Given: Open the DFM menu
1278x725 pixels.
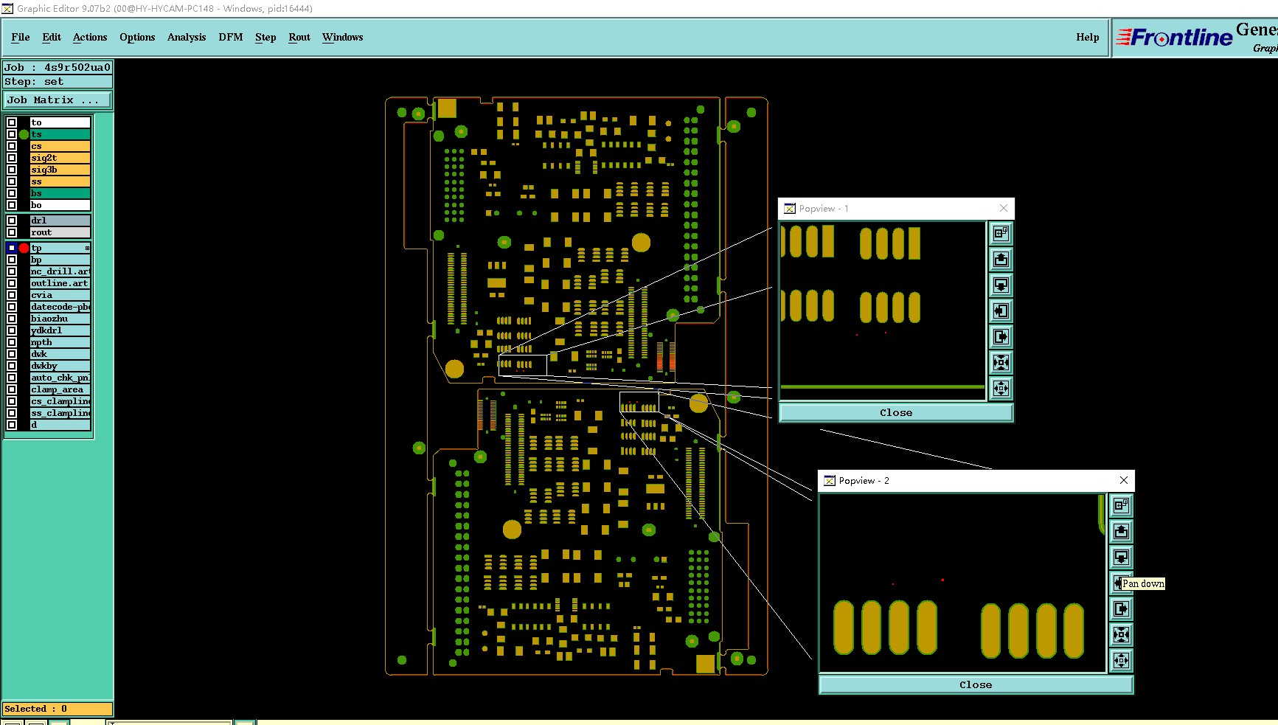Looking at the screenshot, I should click(230, 37).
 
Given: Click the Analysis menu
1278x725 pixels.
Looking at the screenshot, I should click(187, 37).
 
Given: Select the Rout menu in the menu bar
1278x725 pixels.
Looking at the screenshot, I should click(299, 37).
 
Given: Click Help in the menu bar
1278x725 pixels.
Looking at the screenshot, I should click(1087, 37).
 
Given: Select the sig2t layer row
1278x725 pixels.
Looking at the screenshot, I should click(60, 158).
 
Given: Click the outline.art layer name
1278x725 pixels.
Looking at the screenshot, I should click(60, 283).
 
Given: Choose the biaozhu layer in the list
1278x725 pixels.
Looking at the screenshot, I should click(60, 319).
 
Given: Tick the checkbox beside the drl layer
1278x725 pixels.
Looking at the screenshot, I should click(12, 221).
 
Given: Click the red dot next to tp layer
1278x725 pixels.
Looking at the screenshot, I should click(24, 248).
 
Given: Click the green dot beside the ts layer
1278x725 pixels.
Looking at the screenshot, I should click(24, 134).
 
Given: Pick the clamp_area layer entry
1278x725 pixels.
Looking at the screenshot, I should click(60, 389).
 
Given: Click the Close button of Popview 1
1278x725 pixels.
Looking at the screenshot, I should click(896, 413).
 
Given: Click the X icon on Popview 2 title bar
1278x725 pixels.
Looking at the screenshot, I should click(1123, 480).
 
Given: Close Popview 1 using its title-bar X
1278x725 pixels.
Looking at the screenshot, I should click(1004, 209).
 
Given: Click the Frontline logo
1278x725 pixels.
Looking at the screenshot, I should click(1174, 38).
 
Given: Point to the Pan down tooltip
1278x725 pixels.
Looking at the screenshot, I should click(1143, 583).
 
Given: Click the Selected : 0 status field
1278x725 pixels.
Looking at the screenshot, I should click(57, 709).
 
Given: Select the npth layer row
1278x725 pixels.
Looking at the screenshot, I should click(60, 342).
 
